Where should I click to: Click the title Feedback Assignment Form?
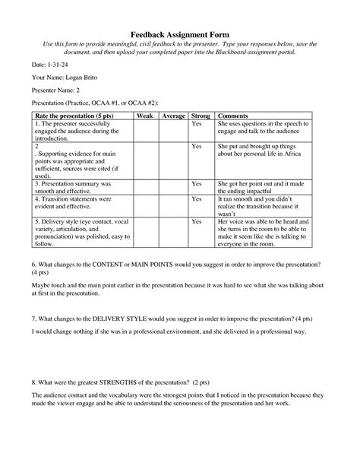click(179, 33)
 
